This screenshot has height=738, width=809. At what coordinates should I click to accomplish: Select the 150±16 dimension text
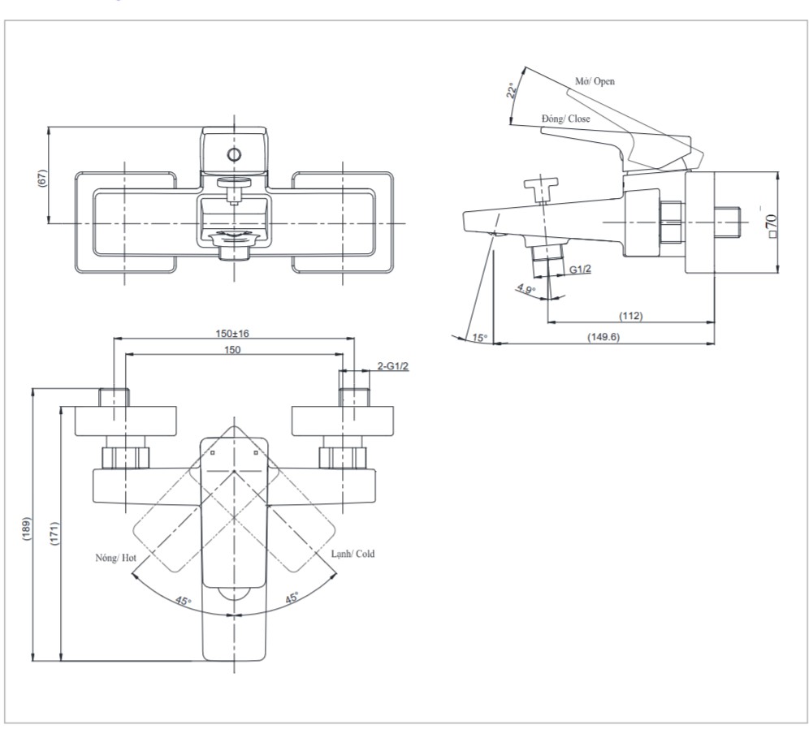pyautogui.click(x=231, y=334)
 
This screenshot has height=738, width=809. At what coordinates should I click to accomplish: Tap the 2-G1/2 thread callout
pyautogui.click(x=393, y=367)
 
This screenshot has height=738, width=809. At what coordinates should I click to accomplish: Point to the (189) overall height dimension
pyautogui.click(x=27, y=532)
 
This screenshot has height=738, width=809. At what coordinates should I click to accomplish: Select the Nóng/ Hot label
pyautogui.click(x=114, y=559)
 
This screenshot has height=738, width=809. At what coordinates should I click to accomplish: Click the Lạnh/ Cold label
pyautogui.click(x=352, y=554)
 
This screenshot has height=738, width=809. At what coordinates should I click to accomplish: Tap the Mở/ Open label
pyautogui.click(x=595, y=82)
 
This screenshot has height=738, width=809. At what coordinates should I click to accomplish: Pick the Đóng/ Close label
pyautogui.click(x=566, y=119)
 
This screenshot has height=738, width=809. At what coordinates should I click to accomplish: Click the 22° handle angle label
pyautogui.click(x=512, y=90)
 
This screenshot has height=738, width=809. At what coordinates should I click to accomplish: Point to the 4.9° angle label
pyautogui.click(x=526, y=288)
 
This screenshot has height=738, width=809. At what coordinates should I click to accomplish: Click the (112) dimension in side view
pyautogui.click(x=630, y=316)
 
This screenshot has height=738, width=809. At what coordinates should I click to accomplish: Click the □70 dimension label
pyautogui.click(x=771, y=222)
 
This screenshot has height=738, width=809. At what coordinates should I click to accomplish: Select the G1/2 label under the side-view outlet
pyautogui.click(x=579, y=269)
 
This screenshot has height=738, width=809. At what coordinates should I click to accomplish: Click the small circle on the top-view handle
pyautogui.click(x=234, y=154)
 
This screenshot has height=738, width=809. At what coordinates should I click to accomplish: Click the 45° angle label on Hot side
pyautogui.click(x=184, y=601)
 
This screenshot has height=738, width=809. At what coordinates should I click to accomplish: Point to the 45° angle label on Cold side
pyautogui.click(x=291, y=598)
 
